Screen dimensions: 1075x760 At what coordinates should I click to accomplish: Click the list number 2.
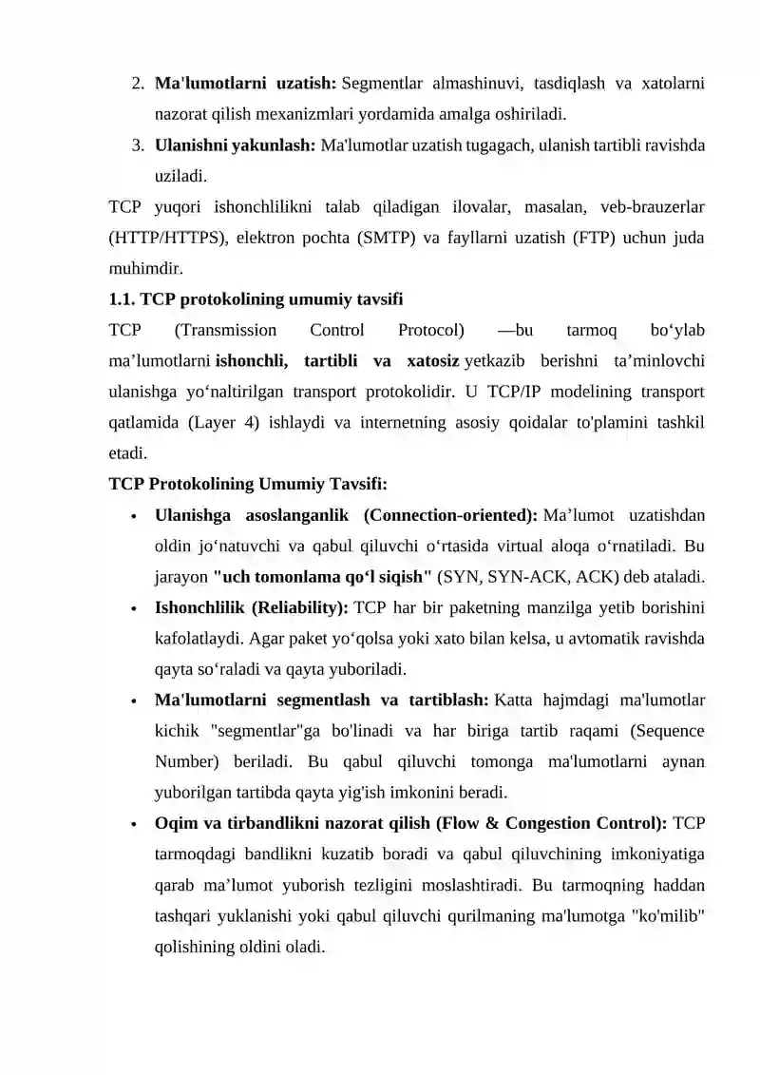(x=137, y=84)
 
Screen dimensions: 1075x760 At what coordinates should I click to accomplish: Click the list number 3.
(x=137, y=145)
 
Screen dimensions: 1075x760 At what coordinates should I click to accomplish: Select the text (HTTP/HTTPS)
(x=164, y=238)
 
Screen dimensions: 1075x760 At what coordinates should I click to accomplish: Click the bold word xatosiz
(x=433, y=361)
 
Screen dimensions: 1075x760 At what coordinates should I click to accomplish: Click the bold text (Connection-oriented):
(x=449, y=515)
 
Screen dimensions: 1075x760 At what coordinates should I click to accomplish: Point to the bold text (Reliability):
(x=301, y=607)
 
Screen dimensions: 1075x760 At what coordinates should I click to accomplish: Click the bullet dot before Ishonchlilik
(x=135, y=609)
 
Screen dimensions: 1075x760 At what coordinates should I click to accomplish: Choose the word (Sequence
(x=669, y=731)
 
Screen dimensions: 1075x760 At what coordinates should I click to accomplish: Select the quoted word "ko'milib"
(x=667, y=916)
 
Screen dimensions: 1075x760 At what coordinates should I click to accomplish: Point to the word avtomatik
(x=601, y=639)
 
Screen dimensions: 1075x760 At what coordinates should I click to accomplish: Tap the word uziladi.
(x=180, y=176)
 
